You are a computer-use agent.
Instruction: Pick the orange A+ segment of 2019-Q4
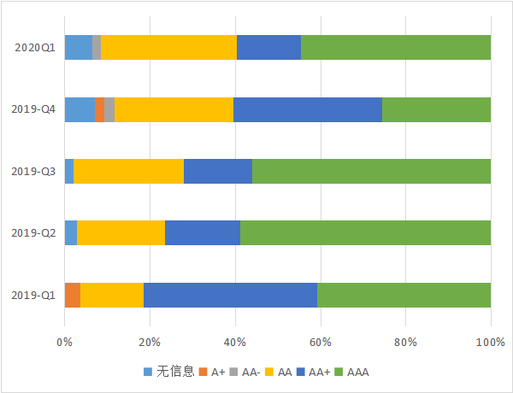[99, 109]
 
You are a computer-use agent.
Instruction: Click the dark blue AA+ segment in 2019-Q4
[308, 109]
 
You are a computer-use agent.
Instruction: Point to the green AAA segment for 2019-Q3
[371, 171]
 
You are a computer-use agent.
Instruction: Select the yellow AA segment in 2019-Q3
[128, 171]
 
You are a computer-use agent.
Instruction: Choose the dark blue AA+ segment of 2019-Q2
[203, 232]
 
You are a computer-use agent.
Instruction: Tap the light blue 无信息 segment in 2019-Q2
[71, 232]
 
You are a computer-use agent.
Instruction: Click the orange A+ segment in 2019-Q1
[73, 295]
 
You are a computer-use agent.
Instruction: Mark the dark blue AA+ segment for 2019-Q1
[230, 295]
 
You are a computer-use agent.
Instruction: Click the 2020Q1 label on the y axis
[35, 48]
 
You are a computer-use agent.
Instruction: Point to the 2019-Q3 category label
[33, 171]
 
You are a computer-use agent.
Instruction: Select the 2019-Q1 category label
[33, 295]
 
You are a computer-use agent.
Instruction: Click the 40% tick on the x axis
[235, 343]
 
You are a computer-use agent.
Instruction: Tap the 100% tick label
[491, 343]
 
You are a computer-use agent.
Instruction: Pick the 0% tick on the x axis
[64, 343]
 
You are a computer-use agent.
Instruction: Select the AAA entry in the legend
[351, 372]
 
